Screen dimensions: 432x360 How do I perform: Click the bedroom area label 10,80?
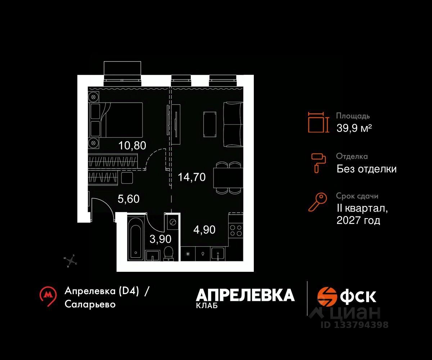pos(132,146)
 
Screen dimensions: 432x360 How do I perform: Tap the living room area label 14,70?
pos(192,177)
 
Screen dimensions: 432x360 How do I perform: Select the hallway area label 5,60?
pos(129,199)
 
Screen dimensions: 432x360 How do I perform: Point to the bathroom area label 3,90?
pos(160,239)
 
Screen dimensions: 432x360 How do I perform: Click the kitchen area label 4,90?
pos(204,230)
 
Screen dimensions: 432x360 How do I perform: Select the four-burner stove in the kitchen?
pos(235,230)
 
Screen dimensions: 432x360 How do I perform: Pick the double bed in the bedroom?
pos(121,120)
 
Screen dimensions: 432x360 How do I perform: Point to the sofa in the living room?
pos(233,125)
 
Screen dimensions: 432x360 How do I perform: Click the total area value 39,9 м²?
pos(354,128)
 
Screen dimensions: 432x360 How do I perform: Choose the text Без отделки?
pos(366,168)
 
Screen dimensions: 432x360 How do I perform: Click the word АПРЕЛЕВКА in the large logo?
pos(245,295)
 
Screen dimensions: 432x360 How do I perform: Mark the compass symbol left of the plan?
pos(71,261)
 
